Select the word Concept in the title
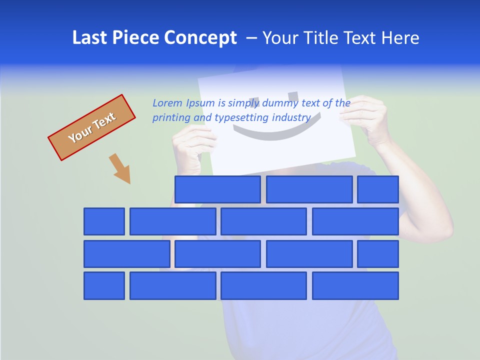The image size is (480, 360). coord(200,38)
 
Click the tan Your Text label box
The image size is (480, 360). coord(92,127)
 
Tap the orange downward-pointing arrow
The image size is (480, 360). coord(120,168)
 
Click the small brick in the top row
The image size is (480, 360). coord(377,189)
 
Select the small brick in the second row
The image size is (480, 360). coord(104,221)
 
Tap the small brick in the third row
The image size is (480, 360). coord(377,254)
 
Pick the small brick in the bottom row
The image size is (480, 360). coord(104,286)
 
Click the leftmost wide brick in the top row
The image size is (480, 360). coord(217,189)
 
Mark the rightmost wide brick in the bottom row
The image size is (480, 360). coord(355,286)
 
